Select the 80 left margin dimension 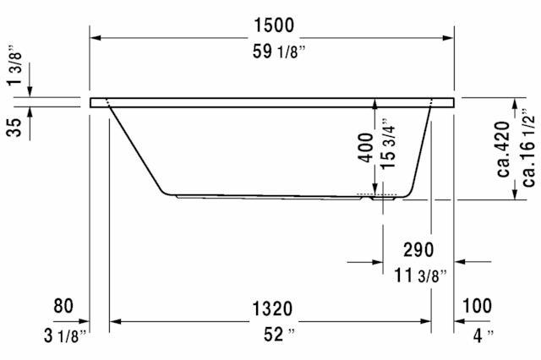coord(64,306)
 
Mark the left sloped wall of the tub coord(137,149)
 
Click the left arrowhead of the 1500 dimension coord(96,37)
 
